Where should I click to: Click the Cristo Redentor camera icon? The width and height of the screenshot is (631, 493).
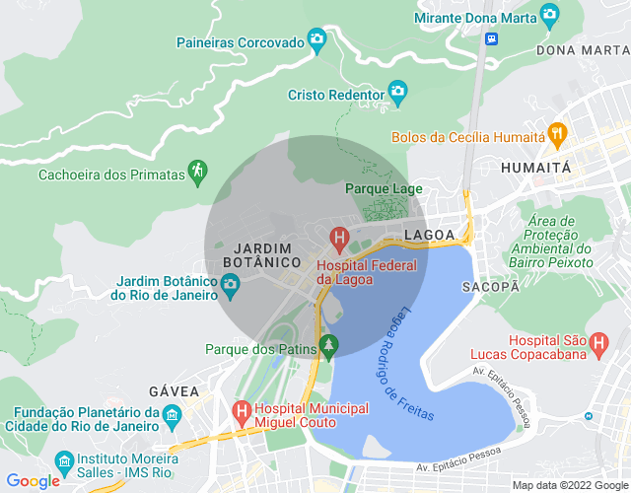coord(397,95)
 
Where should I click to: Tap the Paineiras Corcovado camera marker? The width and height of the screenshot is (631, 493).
coord(316,39)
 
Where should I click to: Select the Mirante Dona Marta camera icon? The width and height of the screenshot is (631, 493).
coord(550,16)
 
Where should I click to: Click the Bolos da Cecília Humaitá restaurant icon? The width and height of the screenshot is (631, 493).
coord(557,135)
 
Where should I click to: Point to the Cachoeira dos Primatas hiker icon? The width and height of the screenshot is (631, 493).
coord(198,172)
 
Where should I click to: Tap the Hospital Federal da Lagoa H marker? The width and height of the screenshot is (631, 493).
coord(339,238)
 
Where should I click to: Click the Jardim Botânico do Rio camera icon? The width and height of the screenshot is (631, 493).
coord(231,286)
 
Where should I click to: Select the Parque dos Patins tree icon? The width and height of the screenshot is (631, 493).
coord(329,346)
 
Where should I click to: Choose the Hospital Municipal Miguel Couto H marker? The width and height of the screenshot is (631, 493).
coord(241,409)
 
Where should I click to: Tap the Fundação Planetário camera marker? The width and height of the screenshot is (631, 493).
coord(172,413)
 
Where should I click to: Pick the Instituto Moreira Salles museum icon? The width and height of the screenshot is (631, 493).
coord(64,461)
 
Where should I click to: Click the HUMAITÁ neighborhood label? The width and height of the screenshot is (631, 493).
coord(535,168)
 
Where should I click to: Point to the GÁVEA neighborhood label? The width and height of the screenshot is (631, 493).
coord(174,391)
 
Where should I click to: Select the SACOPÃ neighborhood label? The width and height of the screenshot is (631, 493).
coord(490,286)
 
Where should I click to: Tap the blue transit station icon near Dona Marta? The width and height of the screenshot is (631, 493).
coord(492,38)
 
